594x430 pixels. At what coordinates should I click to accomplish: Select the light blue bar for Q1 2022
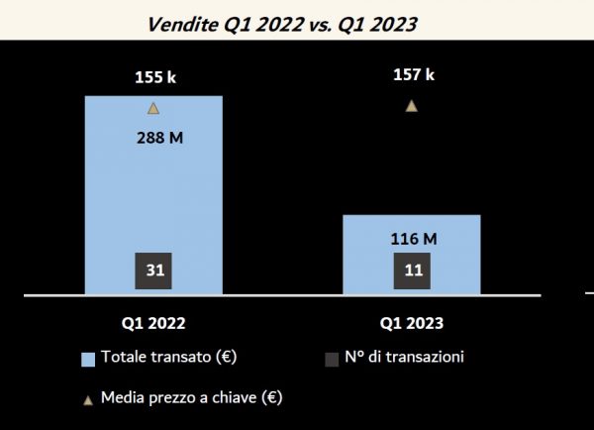point(153,198)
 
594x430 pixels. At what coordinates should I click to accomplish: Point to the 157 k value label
point(413,74)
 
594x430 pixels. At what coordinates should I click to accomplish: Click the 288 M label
point(159,138)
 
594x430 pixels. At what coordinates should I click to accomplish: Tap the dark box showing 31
point(153,269)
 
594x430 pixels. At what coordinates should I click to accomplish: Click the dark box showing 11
point(412,270)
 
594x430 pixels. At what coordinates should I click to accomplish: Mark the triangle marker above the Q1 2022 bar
point(152,107)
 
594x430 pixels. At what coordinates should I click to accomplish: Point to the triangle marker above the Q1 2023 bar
point(412,105)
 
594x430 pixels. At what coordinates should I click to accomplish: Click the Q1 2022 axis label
point(152,323)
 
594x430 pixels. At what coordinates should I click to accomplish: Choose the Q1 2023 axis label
point(412,323)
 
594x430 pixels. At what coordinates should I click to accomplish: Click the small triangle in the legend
point(88,399)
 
